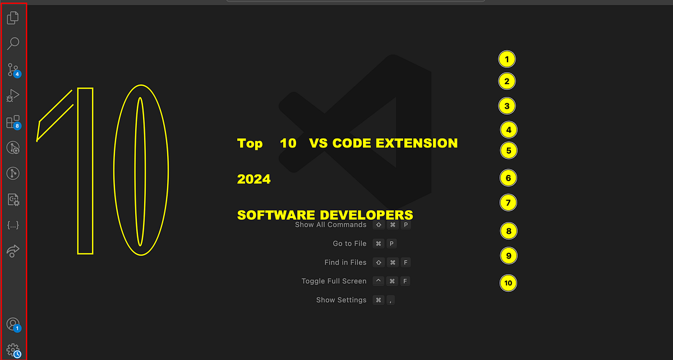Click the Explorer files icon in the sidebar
[x=13, y=18]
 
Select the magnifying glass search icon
[x=13, y=43]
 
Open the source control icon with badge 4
[x=13, y=70]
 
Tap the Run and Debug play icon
[x=13, y=96]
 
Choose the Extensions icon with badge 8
[x=13, y=122]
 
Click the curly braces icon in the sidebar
[x=13, y=225]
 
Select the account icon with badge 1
[x=13, y=324]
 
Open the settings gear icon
[x=13, y=350]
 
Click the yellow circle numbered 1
[x=506, y=59]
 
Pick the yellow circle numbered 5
[x=508, y=150]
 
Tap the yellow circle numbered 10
[x=508, y=283]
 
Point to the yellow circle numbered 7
[x=508, y=202]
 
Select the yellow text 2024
[x=253, y=179]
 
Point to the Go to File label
[x=349, y=243]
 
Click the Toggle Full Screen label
[x=334, y=281]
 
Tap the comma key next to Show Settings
[x=390, y=300]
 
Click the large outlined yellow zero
[x=141, y=170]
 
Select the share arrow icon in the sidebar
[x=13, y=251]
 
